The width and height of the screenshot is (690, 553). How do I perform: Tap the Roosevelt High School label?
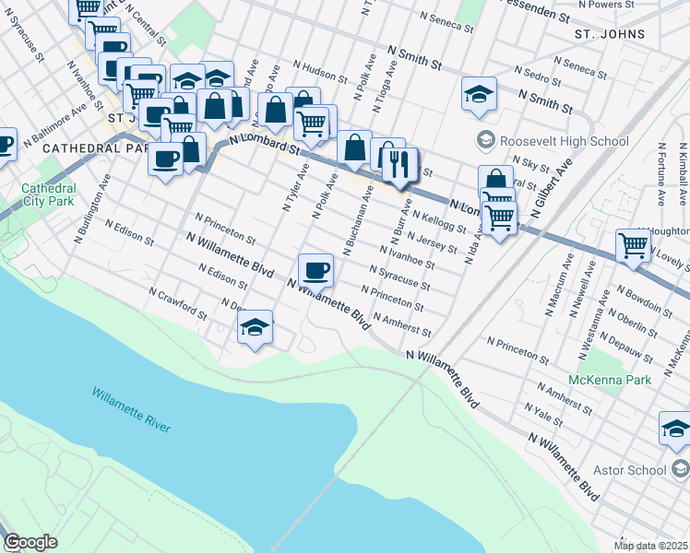point(564,141)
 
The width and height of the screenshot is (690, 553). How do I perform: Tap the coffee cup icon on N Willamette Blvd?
point(315,269)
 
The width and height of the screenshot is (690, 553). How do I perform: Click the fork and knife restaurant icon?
point(399,164)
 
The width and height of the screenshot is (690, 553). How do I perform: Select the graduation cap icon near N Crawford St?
point(255,327)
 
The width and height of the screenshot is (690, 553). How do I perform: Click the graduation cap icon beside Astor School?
point(675,429)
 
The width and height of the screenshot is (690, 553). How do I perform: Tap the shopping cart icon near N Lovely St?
point(634,245)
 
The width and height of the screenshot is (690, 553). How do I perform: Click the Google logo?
point(30,542)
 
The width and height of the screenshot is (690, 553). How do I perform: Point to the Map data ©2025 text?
point(650,546)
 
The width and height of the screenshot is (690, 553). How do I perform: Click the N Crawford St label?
point(176,301)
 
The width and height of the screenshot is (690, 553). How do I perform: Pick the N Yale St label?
point(542,414)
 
